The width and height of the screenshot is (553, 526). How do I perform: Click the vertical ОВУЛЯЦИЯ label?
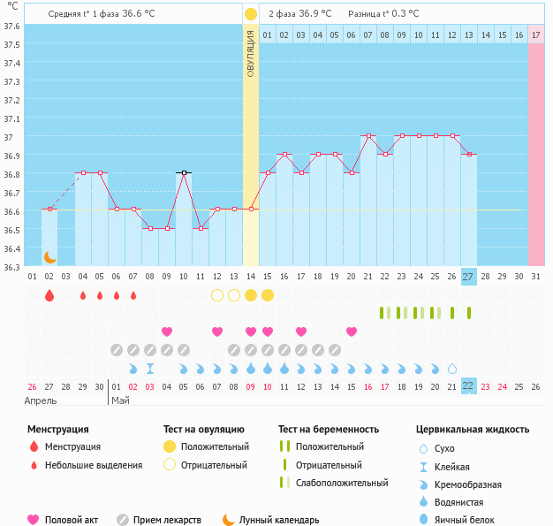coord(251,53)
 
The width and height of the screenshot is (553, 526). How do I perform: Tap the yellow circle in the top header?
coord(251,14)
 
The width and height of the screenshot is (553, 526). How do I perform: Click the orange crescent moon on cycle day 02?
coord(50,257)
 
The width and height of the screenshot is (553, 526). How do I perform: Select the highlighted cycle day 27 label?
coord(469,277)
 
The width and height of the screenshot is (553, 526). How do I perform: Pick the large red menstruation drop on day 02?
coord(49,295)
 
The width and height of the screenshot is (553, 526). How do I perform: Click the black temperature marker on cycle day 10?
coord(184,172)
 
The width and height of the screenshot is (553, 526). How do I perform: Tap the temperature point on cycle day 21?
coord(368,136)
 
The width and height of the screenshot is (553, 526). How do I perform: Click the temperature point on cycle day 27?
coord(469,155)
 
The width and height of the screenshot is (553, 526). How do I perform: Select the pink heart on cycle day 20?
coord(352,332)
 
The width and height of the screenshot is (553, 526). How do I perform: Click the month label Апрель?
coord(41,400)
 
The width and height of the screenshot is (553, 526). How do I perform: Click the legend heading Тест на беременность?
coord(328,430)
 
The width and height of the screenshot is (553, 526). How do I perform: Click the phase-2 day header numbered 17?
coord(536,35)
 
